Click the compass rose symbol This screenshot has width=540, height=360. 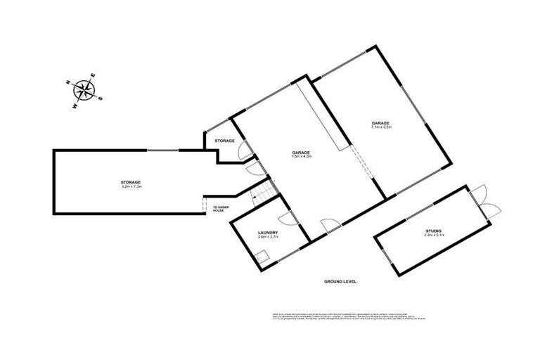(86, 89)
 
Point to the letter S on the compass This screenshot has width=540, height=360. (100, 98)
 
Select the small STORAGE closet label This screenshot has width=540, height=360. (224, 141)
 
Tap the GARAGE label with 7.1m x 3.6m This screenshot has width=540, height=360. (381, 124)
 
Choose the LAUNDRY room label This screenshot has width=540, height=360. (268, 233)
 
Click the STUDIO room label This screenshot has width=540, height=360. (432, 231)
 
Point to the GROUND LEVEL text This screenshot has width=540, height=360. (340, 281)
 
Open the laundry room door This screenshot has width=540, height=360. (285, 219)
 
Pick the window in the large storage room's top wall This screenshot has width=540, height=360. (162, 150)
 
